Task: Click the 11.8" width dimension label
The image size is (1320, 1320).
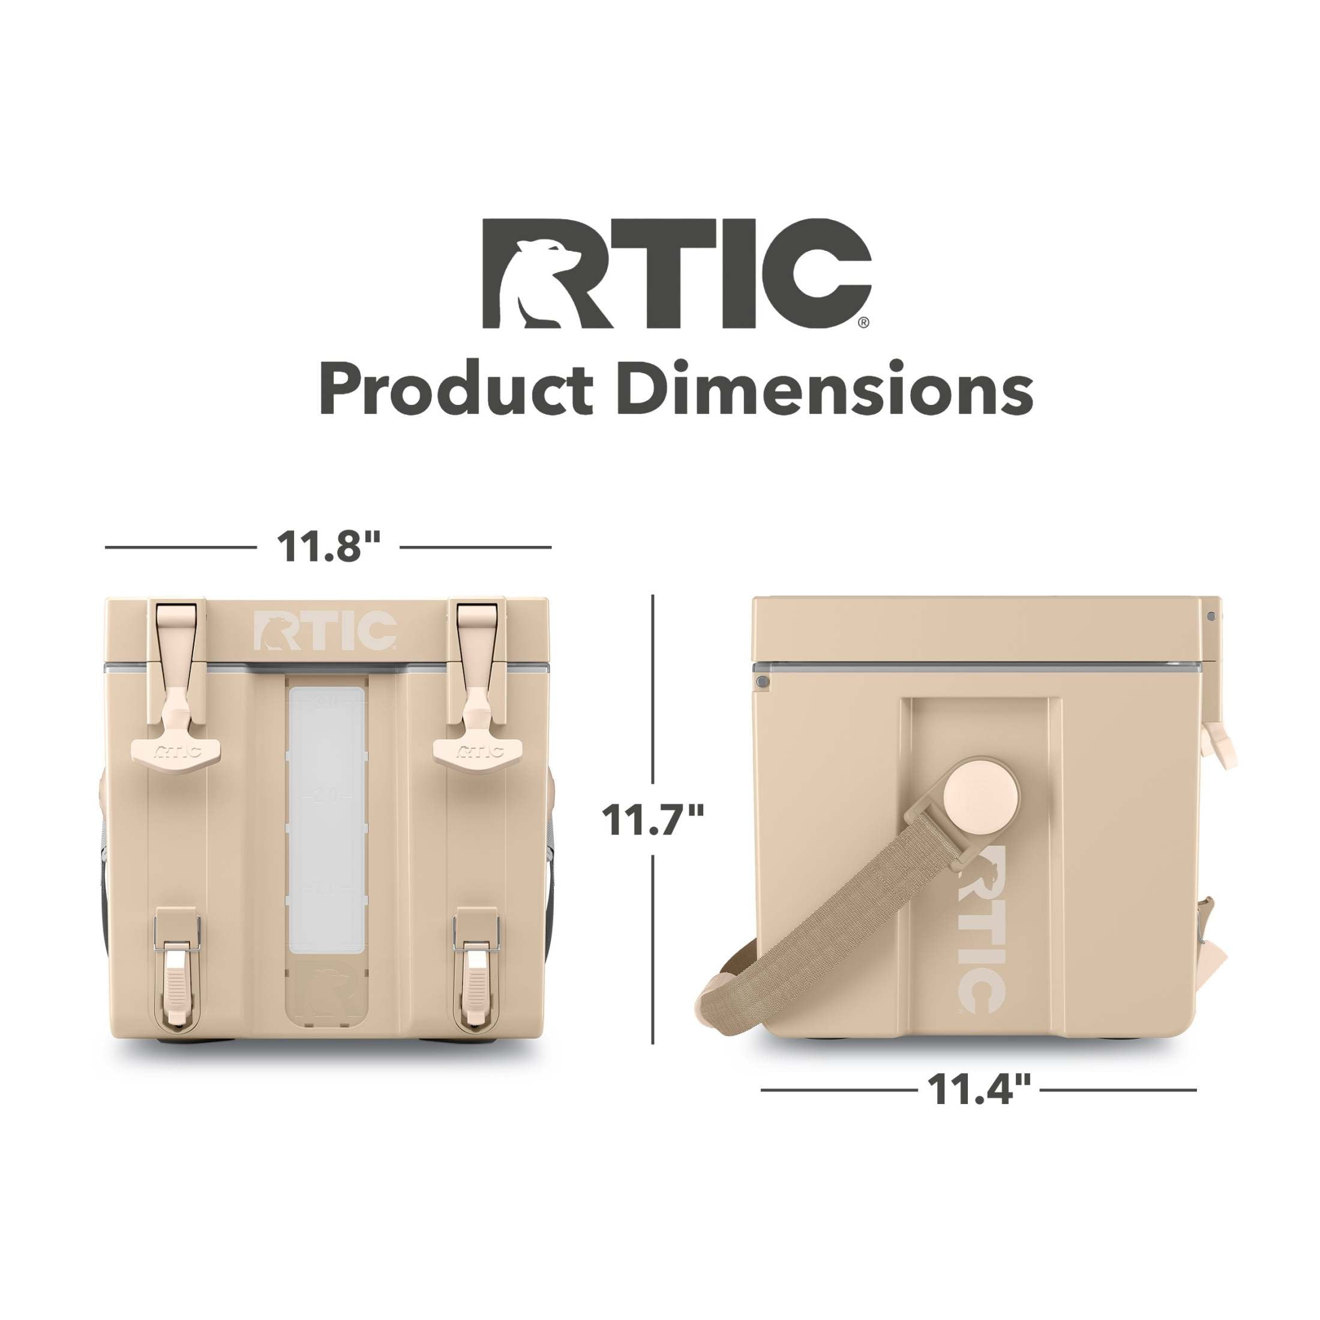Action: tap(328, 547)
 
